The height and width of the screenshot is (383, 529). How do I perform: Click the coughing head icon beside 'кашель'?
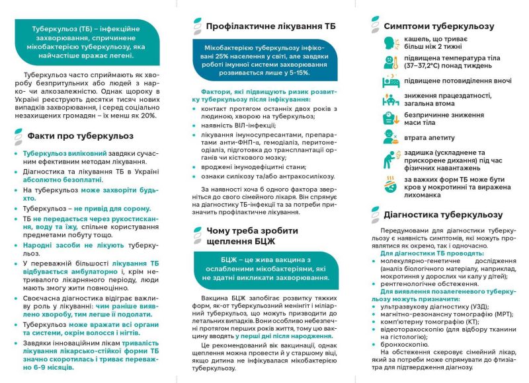pyautogui.click(x=390, y=44)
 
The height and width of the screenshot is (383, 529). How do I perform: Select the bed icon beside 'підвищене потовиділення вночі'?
pyautogui.click(x=390, y=81)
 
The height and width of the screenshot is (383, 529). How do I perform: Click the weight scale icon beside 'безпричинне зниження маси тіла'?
pyautogui.click(x=390, y=119)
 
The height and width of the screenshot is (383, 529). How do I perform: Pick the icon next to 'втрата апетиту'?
pyautogui.click(x=390, y=137)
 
